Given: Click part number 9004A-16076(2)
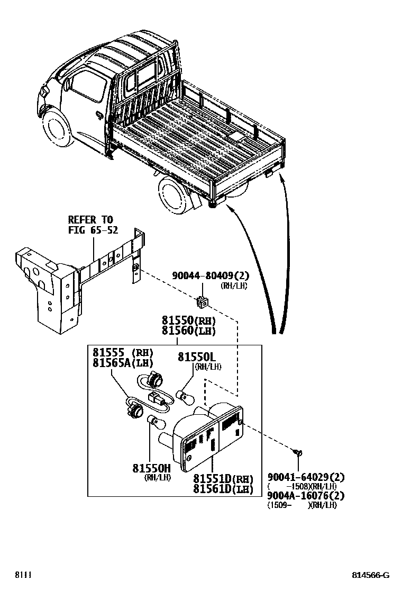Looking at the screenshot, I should (306, 495).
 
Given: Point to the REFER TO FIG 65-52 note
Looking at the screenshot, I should (92, 225).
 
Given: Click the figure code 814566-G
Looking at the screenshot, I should (371, 575).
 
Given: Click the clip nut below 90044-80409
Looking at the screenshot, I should (202, 302).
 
